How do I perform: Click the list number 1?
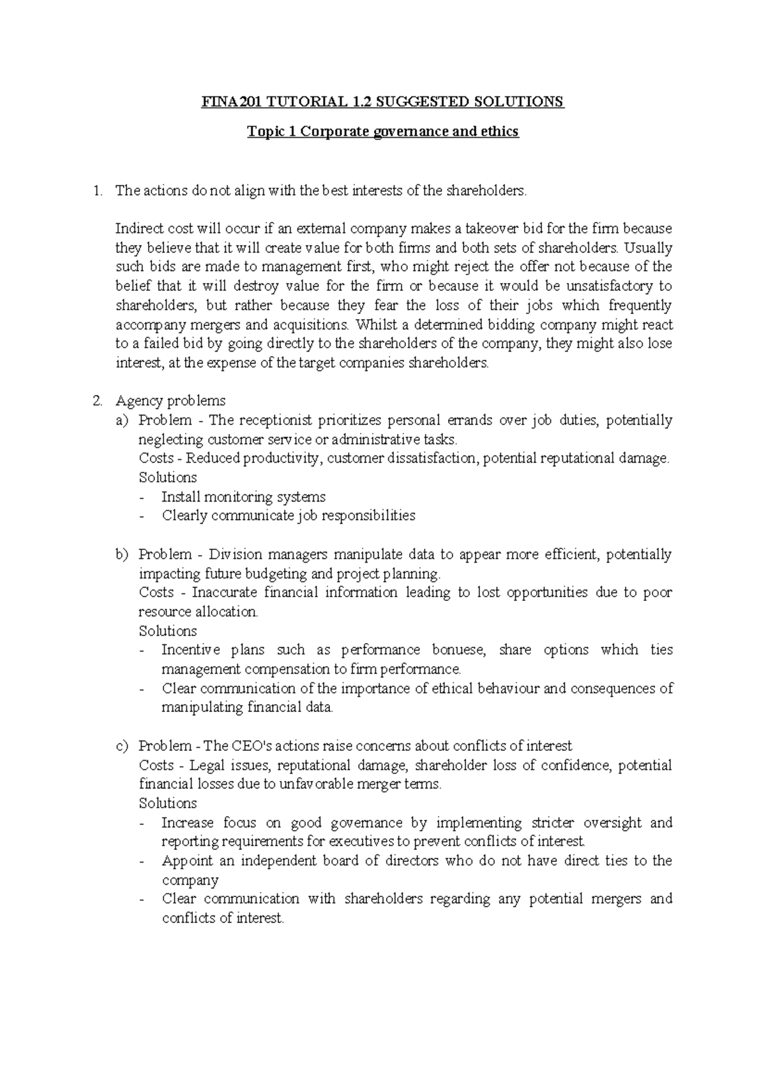click(96, 191)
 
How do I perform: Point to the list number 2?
click(96, 401)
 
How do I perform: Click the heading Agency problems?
click(170, 401)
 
